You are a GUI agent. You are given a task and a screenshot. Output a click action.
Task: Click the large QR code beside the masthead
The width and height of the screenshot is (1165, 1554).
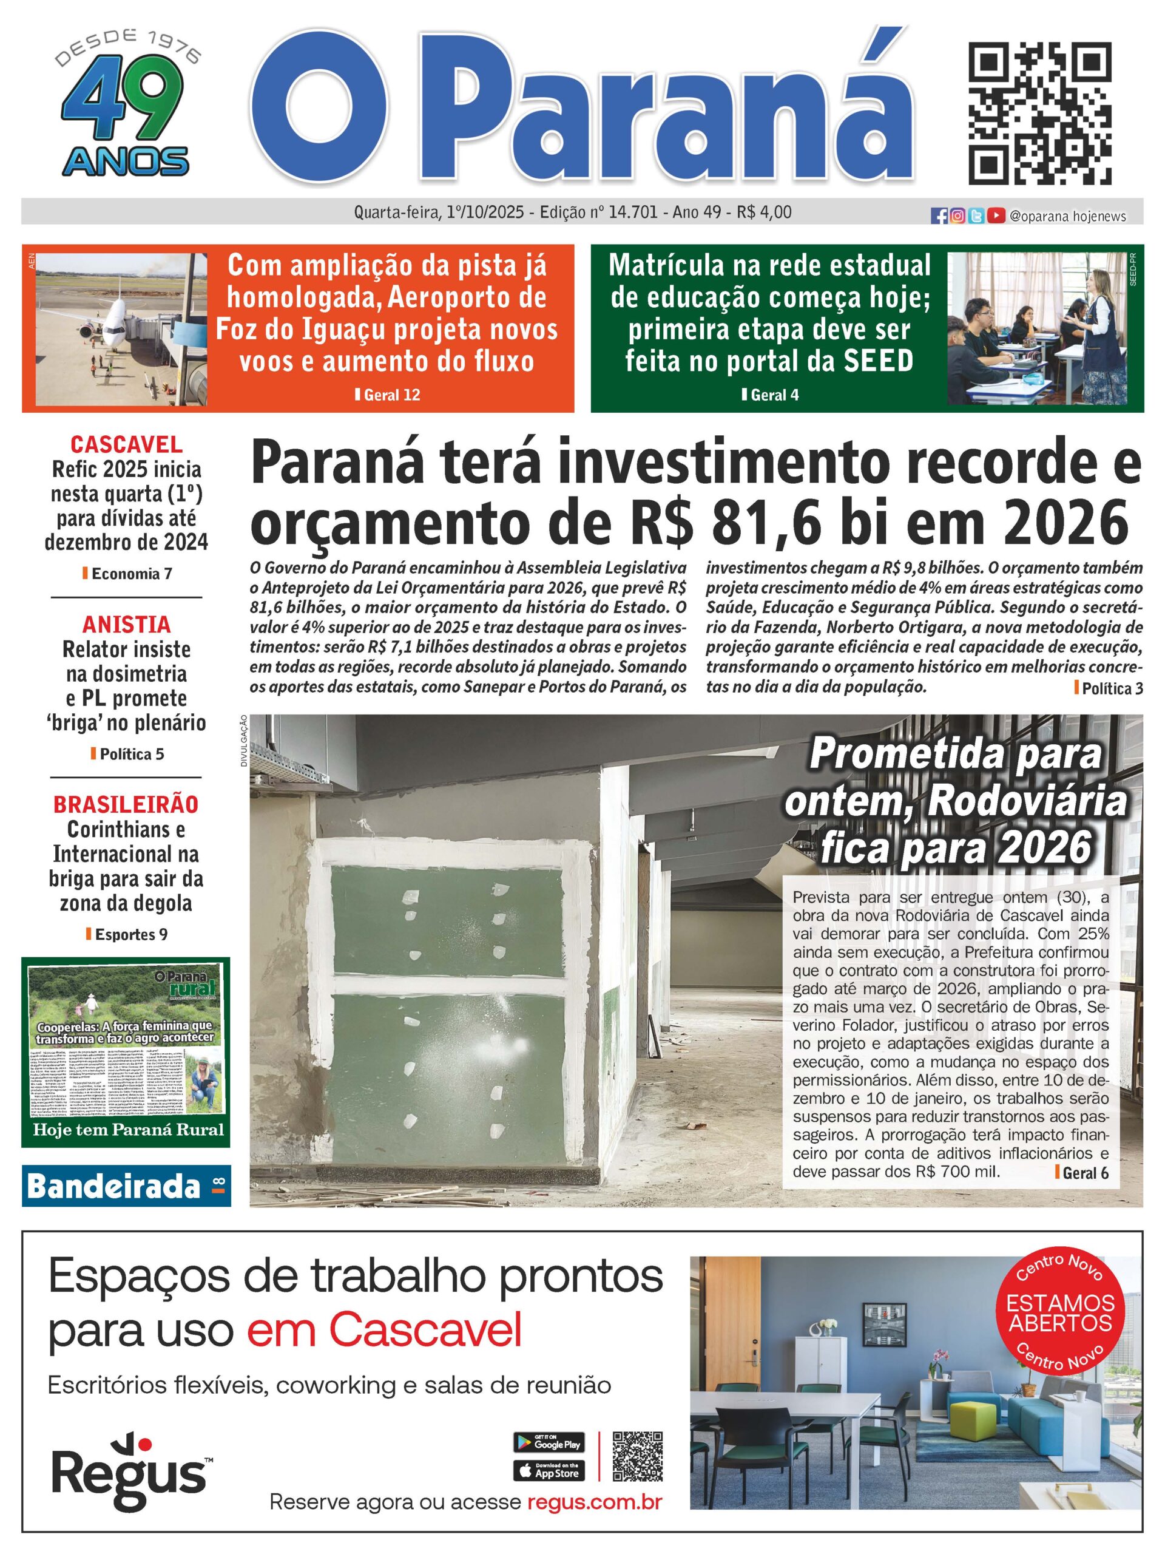coord(1041,112)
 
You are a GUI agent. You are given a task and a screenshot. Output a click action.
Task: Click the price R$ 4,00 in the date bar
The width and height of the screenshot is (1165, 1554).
coord(764,211)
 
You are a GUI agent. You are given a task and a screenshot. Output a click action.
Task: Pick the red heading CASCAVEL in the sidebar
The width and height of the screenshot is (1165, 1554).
coord(126,445)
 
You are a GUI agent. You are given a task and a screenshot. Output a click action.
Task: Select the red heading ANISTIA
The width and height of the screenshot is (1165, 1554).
coord(126,625)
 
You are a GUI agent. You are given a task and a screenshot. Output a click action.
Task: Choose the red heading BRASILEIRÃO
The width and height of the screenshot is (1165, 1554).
coord(126,804)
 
